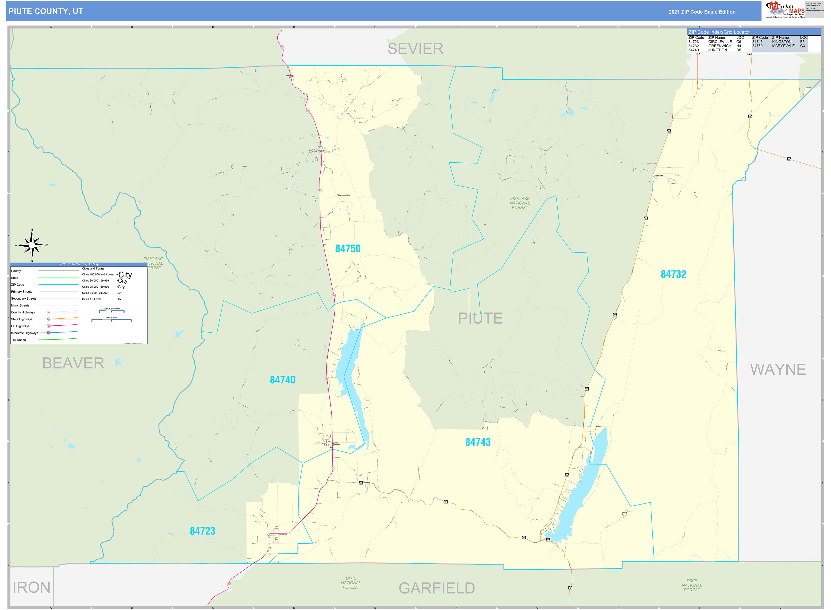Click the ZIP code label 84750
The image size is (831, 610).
point(348,249)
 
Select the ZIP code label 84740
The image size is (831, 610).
point(283,380)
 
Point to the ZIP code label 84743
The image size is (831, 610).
point(478,442)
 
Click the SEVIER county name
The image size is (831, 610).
point(415,49)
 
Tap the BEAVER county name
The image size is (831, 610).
point(73,363)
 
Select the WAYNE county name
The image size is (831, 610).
point(777,370)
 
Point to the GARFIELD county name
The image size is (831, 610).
point(437,588)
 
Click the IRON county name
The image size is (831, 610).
point(31,587)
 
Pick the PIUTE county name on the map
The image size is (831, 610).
point(480,318)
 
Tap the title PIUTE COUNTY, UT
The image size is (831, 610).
point(46,11)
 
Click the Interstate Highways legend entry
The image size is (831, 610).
point(24,333)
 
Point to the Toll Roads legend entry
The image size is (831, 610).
point(19,340)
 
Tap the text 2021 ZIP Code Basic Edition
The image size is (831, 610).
point(702,12)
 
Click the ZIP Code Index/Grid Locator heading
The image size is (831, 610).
point(719,32)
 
